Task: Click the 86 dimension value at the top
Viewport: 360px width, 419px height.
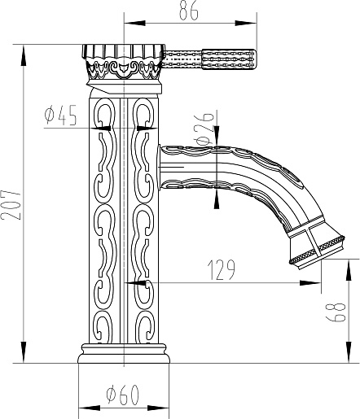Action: (x=189, y=11)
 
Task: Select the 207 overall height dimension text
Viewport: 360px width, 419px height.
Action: (x=11, y=205)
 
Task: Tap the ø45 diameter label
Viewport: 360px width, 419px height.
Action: (x=60, y=116)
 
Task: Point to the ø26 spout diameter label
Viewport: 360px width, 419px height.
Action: (x=204, y=129)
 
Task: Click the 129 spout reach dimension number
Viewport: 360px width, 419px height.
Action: (x=221, y=270)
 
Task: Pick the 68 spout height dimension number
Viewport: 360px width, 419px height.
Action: (x=336, y=312)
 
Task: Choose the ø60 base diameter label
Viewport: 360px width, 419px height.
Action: (x=122, y=395)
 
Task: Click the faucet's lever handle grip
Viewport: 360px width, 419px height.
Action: (x=229, y=59)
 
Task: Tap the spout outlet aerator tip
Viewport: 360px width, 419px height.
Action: (x=316, y=250)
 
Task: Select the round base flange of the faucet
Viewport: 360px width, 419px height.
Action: (x=124, y=354)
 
